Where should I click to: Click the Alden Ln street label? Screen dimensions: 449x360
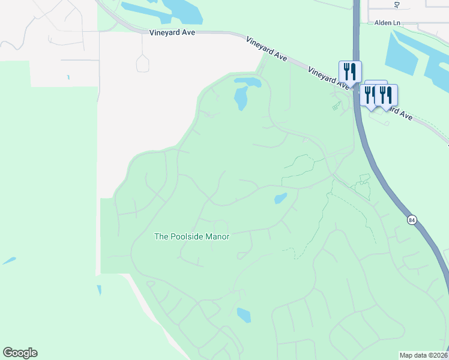click(387, 23)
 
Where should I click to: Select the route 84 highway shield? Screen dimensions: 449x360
click(411, 220)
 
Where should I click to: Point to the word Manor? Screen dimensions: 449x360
click(217, 236)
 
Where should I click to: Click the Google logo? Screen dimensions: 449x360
click(20, 353)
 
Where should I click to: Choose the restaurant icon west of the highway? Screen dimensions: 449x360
click(349, 72)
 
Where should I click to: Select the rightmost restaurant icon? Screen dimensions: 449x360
click(386, 95)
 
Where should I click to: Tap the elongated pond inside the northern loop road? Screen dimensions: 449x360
click(241, 98)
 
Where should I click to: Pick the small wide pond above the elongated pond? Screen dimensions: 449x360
click(247, 82)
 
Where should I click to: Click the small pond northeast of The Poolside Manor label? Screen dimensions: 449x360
click(280, 198)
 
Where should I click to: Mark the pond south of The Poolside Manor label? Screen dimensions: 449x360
click(244, 314)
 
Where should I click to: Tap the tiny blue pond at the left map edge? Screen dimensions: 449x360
click(9, 261)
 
